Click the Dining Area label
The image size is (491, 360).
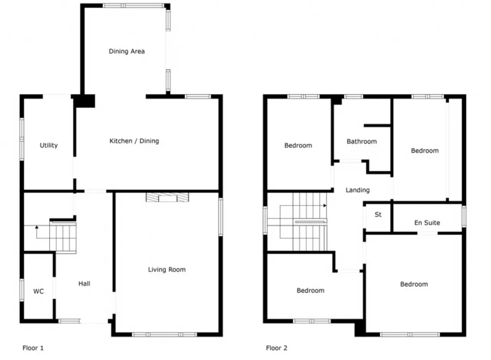pos(127,51)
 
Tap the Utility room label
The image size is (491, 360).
pos(49,145)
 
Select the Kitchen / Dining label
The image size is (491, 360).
pos(134,141)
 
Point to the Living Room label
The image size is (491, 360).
pos(167,269)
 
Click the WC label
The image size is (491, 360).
pos(39,291)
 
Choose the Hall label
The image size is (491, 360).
pos(84,284)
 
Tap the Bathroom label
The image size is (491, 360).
pos(362,141)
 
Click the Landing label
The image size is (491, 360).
pos(358,190)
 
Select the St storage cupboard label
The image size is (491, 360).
pos(378,215)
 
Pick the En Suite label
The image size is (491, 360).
pos(427,223)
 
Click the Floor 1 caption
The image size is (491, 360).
pos(33,348)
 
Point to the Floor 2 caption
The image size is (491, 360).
pos(277,348)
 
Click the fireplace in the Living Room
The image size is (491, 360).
pos(167,197)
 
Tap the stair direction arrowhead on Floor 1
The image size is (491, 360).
pos(37,227)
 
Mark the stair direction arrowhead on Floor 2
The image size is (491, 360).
pos(325,205)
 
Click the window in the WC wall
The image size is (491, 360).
pos(22,290)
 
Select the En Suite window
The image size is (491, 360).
pos(464,217)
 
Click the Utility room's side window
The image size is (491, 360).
pos(22,139)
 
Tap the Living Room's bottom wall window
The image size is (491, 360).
pos(165,335)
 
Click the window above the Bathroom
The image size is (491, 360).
pos(354,96)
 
